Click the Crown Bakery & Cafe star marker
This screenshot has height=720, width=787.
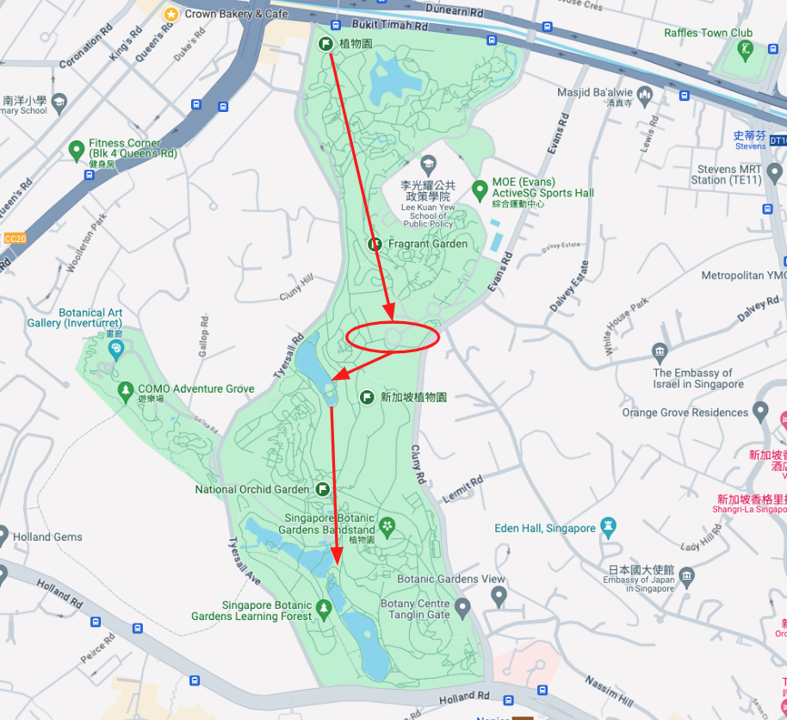pyautogui.click(x=171, y=14)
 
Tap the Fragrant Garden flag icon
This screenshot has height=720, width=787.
pyautogui.click(x=375, y=245)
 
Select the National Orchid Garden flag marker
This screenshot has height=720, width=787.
pyautogui.click(x=322, y=489)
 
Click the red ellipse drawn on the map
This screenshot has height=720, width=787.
pyautogui.click(x=393, y=336)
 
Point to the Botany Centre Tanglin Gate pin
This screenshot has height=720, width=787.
pyautogui.click(x=463, y=610)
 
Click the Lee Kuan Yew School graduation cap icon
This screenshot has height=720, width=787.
pyautogui.click(x=428, y=164)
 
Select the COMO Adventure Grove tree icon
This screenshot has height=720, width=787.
pyautogui.click(x=126, y=389)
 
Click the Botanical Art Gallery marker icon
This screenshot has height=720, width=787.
pyautogui.click(x=115, y=348)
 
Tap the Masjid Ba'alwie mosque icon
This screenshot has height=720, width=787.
pyautogui.click(x=645, y=92)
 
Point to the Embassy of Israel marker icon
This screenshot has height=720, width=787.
pyautogui.click(x=660, y=351)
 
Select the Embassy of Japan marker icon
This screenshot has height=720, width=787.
pyautogui.click(x=686, y=575)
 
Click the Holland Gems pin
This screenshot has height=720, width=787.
pyautogui.click(x=3, y=537)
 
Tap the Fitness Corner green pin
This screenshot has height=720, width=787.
pyautogui.click(x=76, y=152)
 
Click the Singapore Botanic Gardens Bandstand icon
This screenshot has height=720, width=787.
pyautogui.click(x=387, y=524)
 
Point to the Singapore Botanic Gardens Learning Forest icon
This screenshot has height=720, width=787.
pyautogui.click(x=323, y=611)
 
